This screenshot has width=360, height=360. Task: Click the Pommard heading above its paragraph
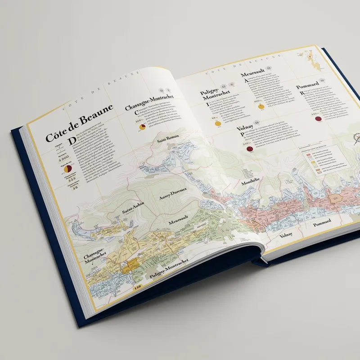click(307, 85)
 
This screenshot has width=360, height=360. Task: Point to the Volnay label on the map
click(286, 235)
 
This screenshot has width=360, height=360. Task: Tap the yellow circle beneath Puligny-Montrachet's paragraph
click(218, 123)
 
